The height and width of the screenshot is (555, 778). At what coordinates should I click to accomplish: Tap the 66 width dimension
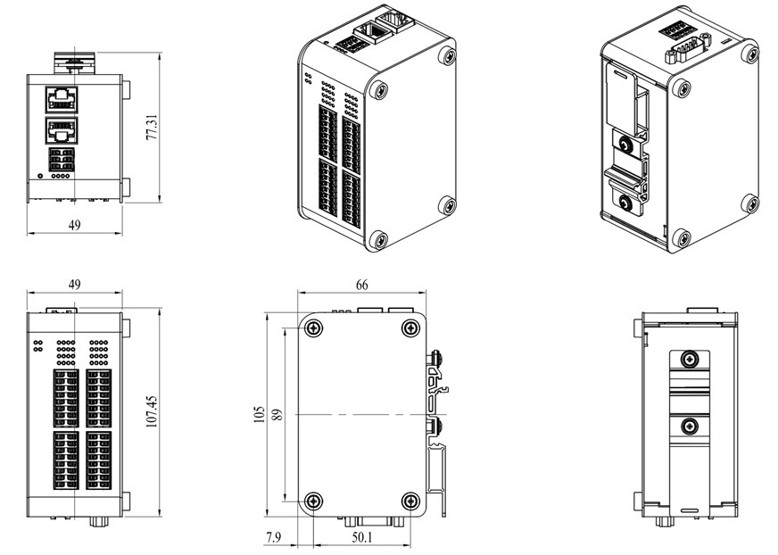coord(361,285)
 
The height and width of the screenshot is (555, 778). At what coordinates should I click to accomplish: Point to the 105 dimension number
coord(259,415)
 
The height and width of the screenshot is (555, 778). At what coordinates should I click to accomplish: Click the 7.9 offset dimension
coord(274,537)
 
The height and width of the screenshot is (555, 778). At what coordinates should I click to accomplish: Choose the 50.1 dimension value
coord(361,537)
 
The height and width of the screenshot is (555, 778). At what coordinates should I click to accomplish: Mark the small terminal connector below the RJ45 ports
coord(61,160)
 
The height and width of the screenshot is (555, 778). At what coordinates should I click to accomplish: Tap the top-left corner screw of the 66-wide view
coord(313,328)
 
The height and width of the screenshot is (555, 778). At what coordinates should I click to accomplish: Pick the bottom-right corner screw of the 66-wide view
coord(410,501)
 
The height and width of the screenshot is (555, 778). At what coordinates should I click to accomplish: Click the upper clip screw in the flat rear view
coord(688,360)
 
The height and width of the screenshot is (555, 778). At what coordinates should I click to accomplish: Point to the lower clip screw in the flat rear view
coord(688,427)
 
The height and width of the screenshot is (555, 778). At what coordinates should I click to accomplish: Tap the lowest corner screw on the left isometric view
coord(378,239)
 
